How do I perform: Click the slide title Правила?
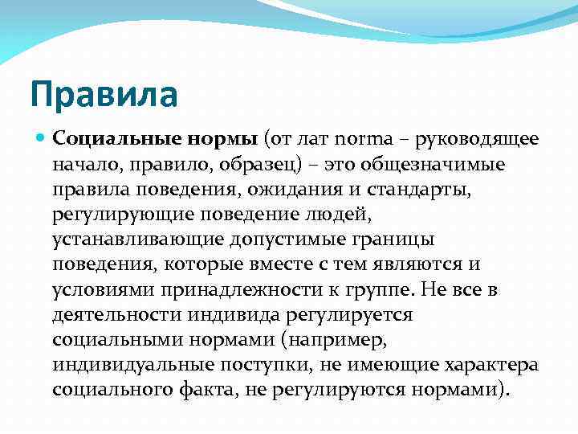(103, 93)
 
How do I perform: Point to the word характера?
(491, 366)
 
